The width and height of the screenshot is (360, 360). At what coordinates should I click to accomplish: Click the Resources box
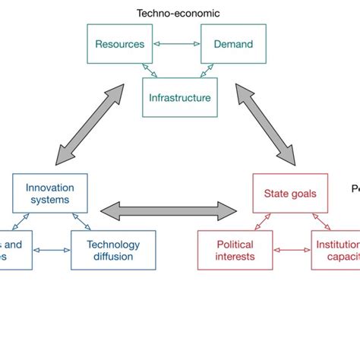click(x=119, y=44)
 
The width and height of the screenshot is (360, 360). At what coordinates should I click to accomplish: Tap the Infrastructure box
click(x=179, y=98)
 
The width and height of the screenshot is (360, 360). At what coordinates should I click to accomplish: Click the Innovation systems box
click(x=49, y=193)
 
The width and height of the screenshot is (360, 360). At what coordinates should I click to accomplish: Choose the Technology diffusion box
click(x=113, y=250)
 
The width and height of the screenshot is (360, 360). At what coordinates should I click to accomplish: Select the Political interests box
click(x=235, y=250)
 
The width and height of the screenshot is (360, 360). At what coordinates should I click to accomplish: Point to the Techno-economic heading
click(x=178, y=13)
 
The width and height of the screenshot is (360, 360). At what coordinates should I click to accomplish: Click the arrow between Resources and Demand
click(x=176, y=44)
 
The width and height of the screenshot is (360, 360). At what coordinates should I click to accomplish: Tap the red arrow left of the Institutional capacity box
click(x=291, y=250)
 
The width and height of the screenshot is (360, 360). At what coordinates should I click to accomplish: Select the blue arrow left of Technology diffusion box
click(x=51, y=250)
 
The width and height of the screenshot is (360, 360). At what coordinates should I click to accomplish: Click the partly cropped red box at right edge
click(x=335, y=250)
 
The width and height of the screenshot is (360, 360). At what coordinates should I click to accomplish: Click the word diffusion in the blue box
click(x=113, y=256)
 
